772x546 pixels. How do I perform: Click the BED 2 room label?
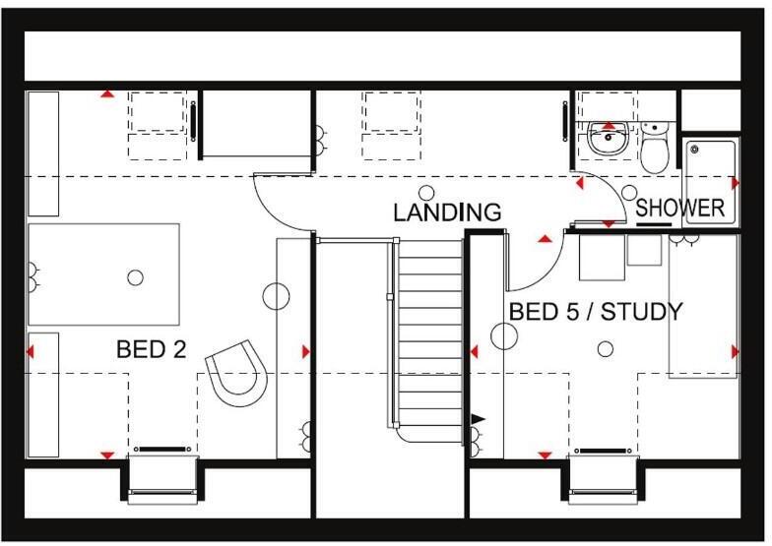[x=151, y=349]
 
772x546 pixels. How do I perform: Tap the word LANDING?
[x=447, y=212]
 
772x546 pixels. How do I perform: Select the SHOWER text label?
[x=679, y=209]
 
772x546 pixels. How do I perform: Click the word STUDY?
[x=641, y=313]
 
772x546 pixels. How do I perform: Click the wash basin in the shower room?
[x=608, y=141]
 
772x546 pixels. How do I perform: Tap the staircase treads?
[x=429, y=334]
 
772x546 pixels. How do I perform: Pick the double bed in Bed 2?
[x=103, y=274]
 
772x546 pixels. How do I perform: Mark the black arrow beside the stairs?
[x=479, y=420]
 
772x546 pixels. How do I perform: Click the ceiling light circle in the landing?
[x=427, y=193]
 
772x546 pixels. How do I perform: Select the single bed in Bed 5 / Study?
[x=702, y=306]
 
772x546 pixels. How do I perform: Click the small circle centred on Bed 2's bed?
[x=135, y=277]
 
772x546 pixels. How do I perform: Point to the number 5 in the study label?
[x=569, y=313]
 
